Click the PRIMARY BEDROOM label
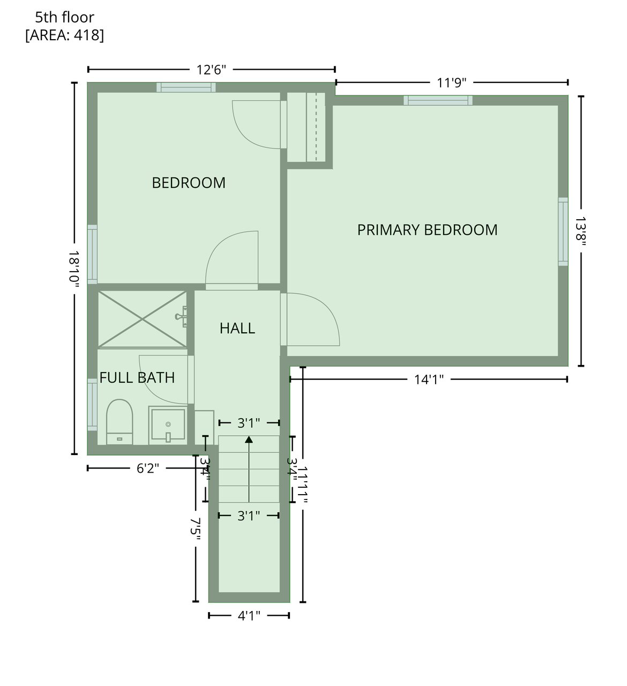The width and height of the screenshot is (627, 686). point(427,230)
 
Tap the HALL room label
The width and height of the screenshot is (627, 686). point(237,328)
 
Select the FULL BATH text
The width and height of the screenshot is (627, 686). point(137,378)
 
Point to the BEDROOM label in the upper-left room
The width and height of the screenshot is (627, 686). point(189,183)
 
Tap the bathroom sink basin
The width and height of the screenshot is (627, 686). point(168,426)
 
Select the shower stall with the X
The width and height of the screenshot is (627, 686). point(142,319)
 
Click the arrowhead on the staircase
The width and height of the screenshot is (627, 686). point(249,439)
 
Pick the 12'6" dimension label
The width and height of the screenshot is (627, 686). point(211,70)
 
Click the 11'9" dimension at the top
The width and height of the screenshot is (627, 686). point(452,83)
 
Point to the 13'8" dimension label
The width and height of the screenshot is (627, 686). point(581,230)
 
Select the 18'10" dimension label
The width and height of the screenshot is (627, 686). point(74,268)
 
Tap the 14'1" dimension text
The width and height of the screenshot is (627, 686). point(429,380)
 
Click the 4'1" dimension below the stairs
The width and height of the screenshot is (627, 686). point(249,616)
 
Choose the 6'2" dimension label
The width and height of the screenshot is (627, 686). point(147,468)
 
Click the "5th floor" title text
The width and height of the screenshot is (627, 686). point(64,17)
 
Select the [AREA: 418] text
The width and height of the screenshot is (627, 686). point(64,35)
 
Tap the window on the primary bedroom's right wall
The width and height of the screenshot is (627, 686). point(563,231)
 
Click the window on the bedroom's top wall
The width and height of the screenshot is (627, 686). point(186,87)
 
